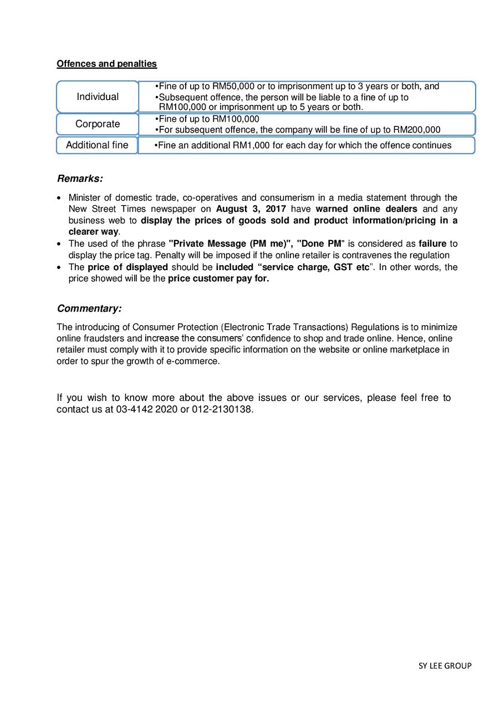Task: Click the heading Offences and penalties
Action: pyautogui.click(x=106, y=64)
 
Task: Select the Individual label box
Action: pyautogui.click(x=98, y=97)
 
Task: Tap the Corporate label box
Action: pyautogui.click(x=98, y=124)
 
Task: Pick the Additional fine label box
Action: pyautogui.click(x=97, y=145)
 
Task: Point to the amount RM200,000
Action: pyautogui.click(x=416, y=130)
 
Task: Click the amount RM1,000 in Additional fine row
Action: pyautogui.click(x=251, y=146)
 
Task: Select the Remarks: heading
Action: pyautogui.click(x=80, y=179)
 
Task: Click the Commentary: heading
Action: pyautogui.click(x=89, y=309)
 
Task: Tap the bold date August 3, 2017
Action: pyautogui.click(x=251, y=209)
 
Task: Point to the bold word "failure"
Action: pyautogui.click(x=432, y=244)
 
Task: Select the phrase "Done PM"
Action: pyautogui.click(x=321, y=244)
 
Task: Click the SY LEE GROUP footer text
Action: pyautogui.click(x=445, y=666)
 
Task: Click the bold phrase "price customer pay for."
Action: pyautogui.click(x=218, y=279)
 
